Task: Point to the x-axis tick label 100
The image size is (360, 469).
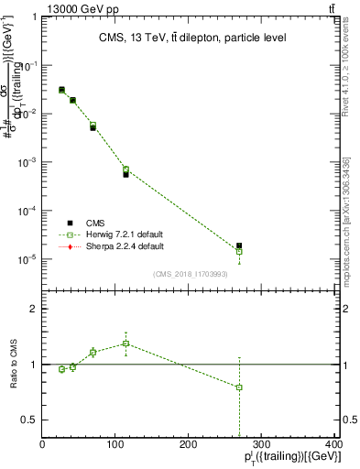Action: [115, 442]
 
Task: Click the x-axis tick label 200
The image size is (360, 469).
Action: [189, 442]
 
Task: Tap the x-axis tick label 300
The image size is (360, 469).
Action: [262, 442]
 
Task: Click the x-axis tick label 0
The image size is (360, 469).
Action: [43, 442]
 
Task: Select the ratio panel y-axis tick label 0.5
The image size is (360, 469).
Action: [29, 420]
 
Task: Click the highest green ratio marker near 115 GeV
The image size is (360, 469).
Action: [125, 344]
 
